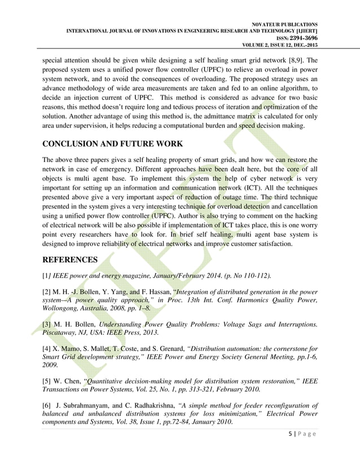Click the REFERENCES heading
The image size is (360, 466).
[x=71, y=260]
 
